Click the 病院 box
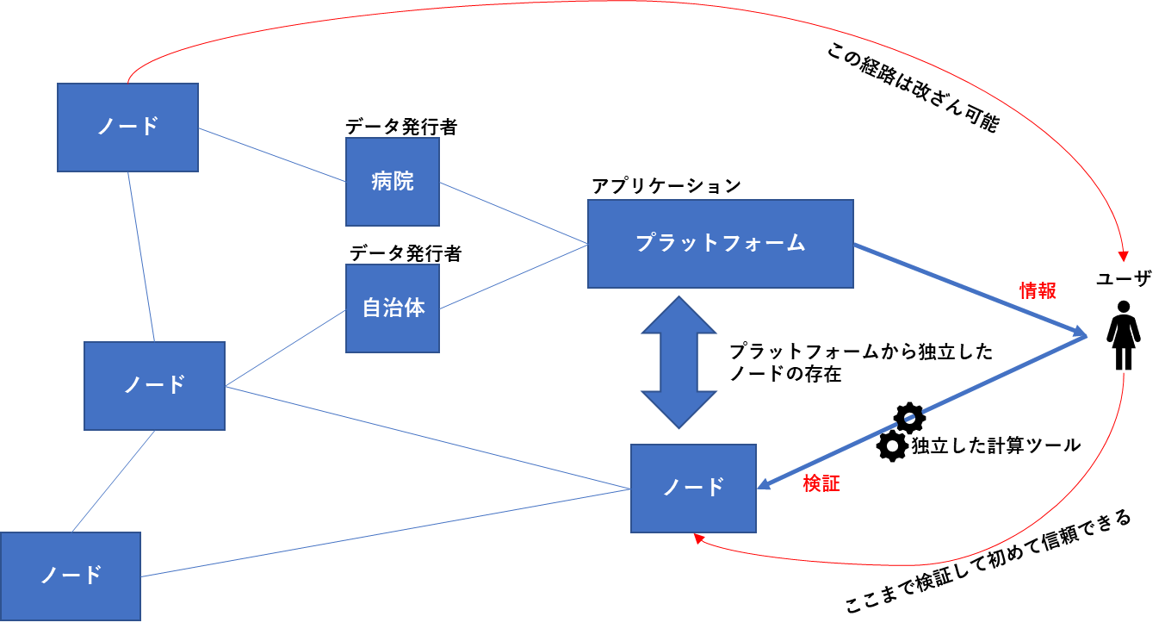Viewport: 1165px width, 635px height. click(392, 182)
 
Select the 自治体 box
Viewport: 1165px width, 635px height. click(392, 308)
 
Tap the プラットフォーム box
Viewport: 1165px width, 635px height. click(720, 243)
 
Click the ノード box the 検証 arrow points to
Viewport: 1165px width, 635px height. click(693, 488)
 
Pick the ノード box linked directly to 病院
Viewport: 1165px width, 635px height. click(127, 127)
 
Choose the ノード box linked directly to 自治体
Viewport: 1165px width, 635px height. click(154, 385)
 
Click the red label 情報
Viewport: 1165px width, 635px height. click(1038, 291)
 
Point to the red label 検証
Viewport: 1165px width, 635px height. click(821, 484)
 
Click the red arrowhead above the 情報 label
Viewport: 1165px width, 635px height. click(1123, 255)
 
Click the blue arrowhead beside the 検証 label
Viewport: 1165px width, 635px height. click(765, 485)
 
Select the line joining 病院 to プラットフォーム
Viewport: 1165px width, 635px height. click(513, 213)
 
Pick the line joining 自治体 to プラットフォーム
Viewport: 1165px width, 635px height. click(513, 276)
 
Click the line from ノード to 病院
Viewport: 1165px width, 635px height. click(271, 154)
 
